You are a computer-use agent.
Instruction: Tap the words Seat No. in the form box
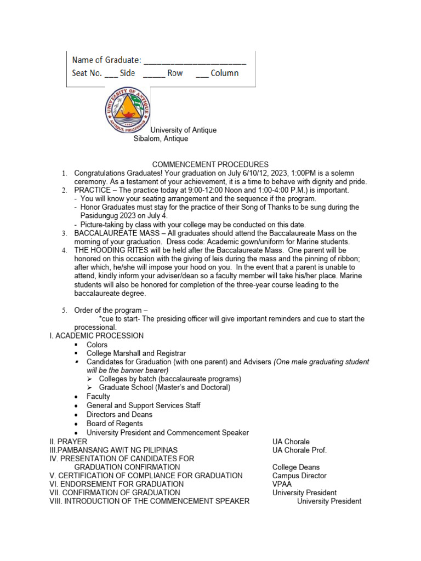click(87, 73)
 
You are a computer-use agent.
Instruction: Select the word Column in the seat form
click(225, 73)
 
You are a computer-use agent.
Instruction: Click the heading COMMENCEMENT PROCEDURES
click(210, 164)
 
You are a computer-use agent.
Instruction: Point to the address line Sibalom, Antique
click(161, 139)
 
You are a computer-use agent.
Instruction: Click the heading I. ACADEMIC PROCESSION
click(96, 335)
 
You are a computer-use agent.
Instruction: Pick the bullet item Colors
click(97, 345)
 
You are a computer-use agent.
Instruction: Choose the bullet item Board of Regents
click(115, 423)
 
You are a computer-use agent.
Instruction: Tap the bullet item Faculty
click(98, 396)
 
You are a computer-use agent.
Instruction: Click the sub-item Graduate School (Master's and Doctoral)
click(164, 387)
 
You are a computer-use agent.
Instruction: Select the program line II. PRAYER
click(68, 442)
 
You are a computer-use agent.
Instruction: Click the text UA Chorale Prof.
click(299, 450)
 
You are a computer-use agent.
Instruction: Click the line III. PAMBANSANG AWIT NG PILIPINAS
click(113, 450)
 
